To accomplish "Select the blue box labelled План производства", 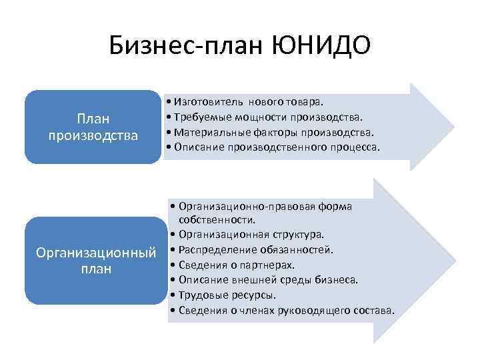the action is (93, 127).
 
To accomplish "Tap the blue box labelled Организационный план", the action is (93, 260).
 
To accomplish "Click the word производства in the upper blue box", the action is (93, 136).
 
